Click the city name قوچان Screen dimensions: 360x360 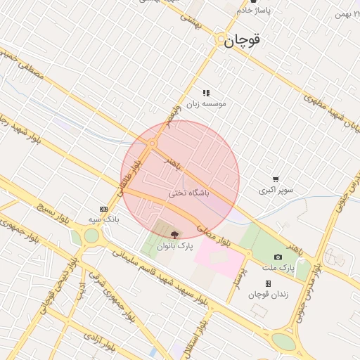243,41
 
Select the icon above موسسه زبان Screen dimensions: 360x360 206,93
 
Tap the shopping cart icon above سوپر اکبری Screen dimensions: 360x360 276,179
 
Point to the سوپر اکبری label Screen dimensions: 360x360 276,191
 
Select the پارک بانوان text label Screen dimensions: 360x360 174,246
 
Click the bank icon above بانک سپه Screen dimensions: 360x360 104,209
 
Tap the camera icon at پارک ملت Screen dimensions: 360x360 278,257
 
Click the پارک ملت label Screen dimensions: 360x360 278,268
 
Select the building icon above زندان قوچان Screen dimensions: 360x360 268,283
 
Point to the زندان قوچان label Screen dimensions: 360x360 268,294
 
